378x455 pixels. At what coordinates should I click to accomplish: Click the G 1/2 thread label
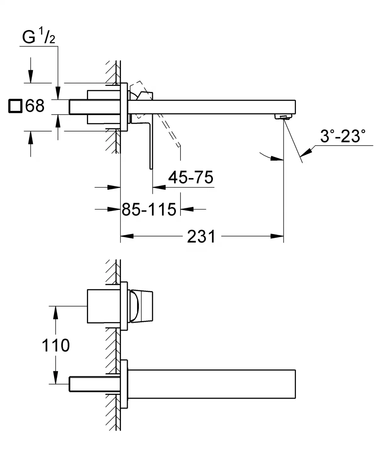pos(38,37)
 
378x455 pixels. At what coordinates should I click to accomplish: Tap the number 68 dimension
pos(35,106)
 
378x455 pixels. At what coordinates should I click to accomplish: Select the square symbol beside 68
pos(15,106)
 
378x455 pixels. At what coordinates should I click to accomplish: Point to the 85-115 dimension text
pos(149,209)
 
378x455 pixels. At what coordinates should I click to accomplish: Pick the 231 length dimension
pos(201,236)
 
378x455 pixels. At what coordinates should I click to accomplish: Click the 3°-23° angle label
pos(343,136)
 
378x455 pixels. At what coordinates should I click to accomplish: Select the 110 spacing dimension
pos(55,346)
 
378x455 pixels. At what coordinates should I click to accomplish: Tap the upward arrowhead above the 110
pos(55,312)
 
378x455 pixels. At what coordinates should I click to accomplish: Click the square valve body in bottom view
pos(103,306)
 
